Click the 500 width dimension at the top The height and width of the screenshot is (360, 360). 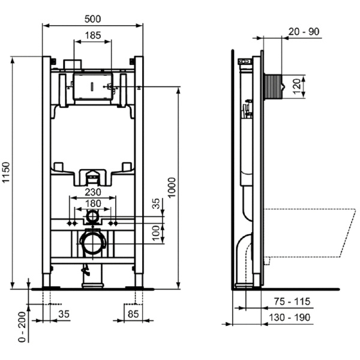point(93,19)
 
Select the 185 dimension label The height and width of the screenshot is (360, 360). point(92,35)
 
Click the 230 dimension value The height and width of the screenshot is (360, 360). point(92,193)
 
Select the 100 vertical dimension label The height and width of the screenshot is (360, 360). point(156,232)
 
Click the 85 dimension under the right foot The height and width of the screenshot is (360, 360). point(134,313)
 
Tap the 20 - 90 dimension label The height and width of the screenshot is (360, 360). point(304,32)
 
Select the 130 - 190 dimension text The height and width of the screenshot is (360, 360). point(290,317)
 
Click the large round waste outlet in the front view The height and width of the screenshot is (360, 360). point(92,242)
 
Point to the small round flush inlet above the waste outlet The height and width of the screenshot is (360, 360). point(92,214)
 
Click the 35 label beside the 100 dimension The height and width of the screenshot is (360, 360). point(156,205)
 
